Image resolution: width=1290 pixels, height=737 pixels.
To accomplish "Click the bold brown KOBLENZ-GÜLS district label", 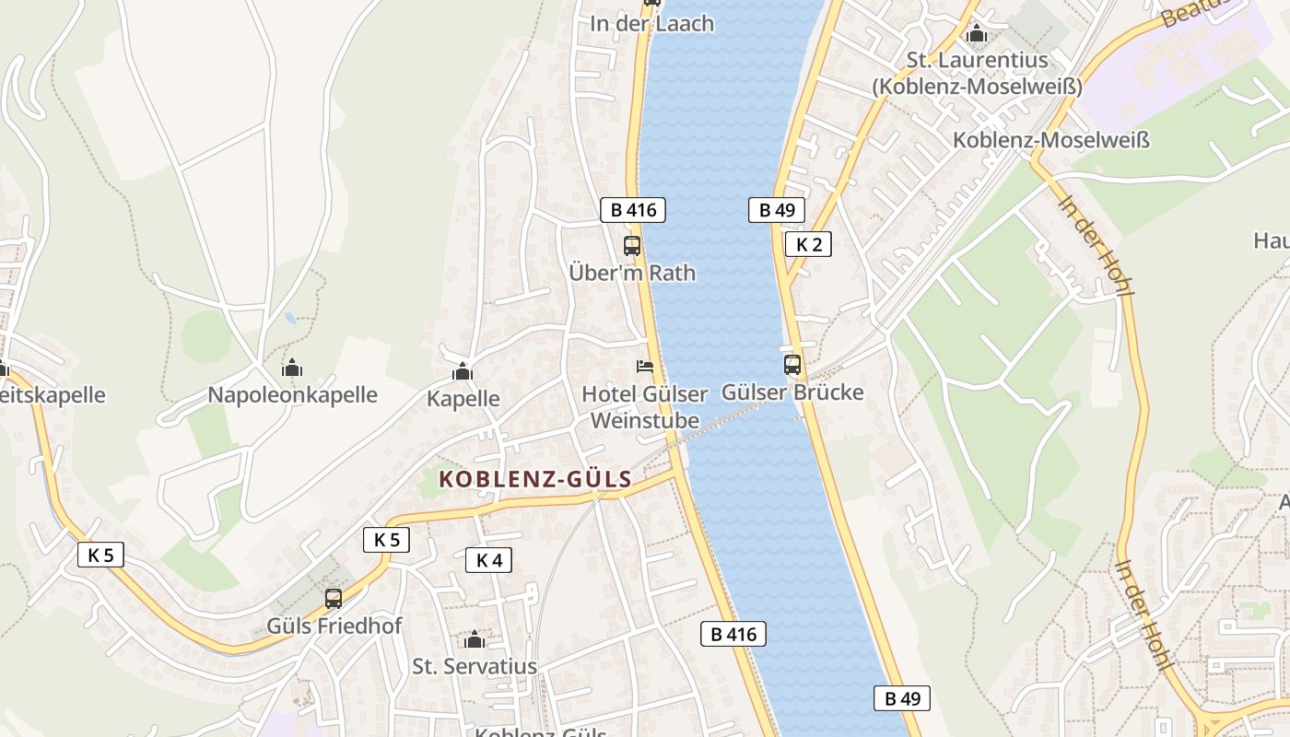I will [x=535, y=479].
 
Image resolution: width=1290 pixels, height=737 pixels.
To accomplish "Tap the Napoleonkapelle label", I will [x=292, y=394].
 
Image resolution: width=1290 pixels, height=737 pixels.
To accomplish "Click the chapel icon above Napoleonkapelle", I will [x=292, y=368].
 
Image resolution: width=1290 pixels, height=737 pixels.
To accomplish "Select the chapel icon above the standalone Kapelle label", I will [x=463, y=372].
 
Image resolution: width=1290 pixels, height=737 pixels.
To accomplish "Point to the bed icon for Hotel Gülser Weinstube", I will [x=645, y=368].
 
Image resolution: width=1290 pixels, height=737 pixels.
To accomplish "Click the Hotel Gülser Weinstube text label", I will [x=644, y=407].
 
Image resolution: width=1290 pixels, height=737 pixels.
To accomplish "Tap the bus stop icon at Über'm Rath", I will [x=632, y=246].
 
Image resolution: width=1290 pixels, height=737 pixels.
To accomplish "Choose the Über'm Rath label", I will [x=632, y=273].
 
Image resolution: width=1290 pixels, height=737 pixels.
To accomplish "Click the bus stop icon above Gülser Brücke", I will [x=792, y=365].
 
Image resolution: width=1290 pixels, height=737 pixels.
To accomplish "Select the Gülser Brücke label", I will [x=792, y=392].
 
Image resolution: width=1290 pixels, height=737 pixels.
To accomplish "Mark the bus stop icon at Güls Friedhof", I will [x=334, y=599].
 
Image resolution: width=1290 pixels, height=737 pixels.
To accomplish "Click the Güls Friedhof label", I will [x=334, y=626].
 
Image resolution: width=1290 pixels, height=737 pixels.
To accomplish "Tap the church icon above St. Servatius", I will [x=475, y=639].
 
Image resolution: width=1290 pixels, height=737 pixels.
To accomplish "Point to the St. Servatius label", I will [x=475, y=665].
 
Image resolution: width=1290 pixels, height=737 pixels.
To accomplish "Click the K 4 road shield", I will [x=488, y=559].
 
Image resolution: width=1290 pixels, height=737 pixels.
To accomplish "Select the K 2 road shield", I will [x=808, y=244].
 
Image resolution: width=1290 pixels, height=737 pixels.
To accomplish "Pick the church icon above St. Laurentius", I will [x=977, y=35].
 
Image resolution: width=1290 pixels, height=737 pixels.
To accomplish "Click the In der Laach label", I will [x=652, y=24].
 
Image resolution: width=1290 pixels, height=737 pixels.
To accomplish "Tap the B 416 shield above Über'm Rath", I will [x=633, y=210].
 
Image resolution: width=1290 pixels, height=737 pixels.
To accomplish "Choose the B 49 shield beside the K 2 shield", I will [x=777, y=210].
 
